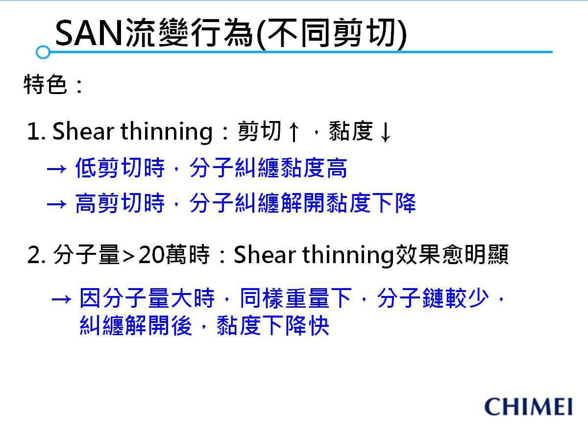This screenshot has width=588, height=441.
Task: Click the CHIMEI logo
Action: pyautogui.click(x=528, y=407)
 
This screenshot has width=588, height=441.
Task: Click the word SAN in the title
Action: pyautogui.click(x=89, y=33)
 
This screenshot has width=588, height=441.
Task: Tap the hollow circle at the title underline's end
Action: pyautogui.click(x=43, y=52)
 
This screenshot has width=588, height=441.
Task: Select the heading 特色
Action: pyautogui.click(x=45, y=84)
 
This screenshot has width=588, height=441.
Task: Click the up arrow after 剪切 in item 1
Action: pyautogui.click(x=294, y=132)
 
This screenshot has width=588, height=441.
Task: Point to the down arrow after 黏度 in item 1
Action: pyautogui.click(x=386, y=132)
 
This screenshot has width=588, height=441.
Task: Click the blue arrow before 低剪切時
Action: pyautogui.click(x=56, y=169)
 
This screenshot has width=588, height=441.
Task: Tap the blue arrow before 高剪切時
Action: pyautogui.click(x=56, y=204)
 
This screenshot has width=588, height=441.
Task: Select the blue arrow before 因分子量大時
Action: pyautogui.click(x=61, y=299)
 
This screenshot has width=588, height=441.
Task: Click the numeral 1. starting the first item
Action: pyautogui.click(x=36, y=131)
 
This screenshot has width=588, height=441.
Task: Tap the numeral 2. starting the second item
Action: pyautogui.click(x=36, y=255)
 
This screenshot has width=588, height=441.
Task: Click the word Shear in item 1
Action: pyautogui.click(x=83, y=131)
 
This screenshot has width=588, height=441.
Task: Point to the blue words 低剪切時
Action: pyautogui.click(x=120, y=168)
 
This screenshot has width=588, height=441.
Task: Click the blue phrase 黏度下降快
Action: pyautogui.click(x=273, y=325)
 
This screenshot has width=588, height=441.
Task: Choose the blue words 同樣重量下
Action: pyautogui.click(x=295, y=298)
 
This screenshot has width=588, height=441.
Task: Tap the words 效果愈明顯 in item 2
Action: pyautogui.click(x=452, y=254)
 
